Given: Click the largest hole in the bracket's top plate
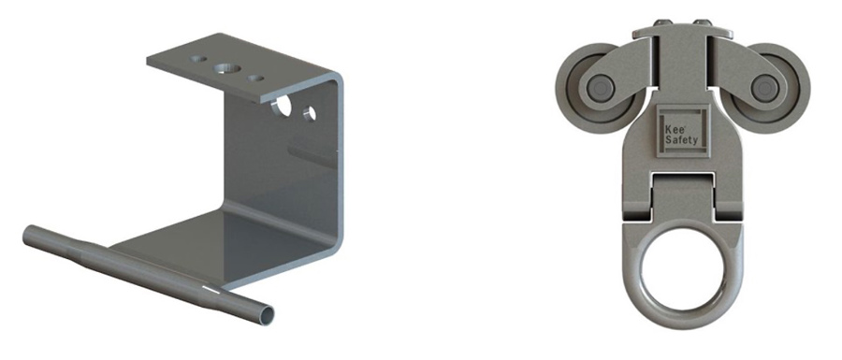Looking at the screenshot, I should click(225, 69).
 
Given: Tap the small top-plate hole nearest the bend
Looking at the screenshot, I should click(256, 79).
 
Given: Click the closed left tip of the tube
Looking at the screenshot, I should click(25, 230).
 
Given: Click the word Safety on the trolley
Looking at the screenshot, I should click(680, 141).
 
